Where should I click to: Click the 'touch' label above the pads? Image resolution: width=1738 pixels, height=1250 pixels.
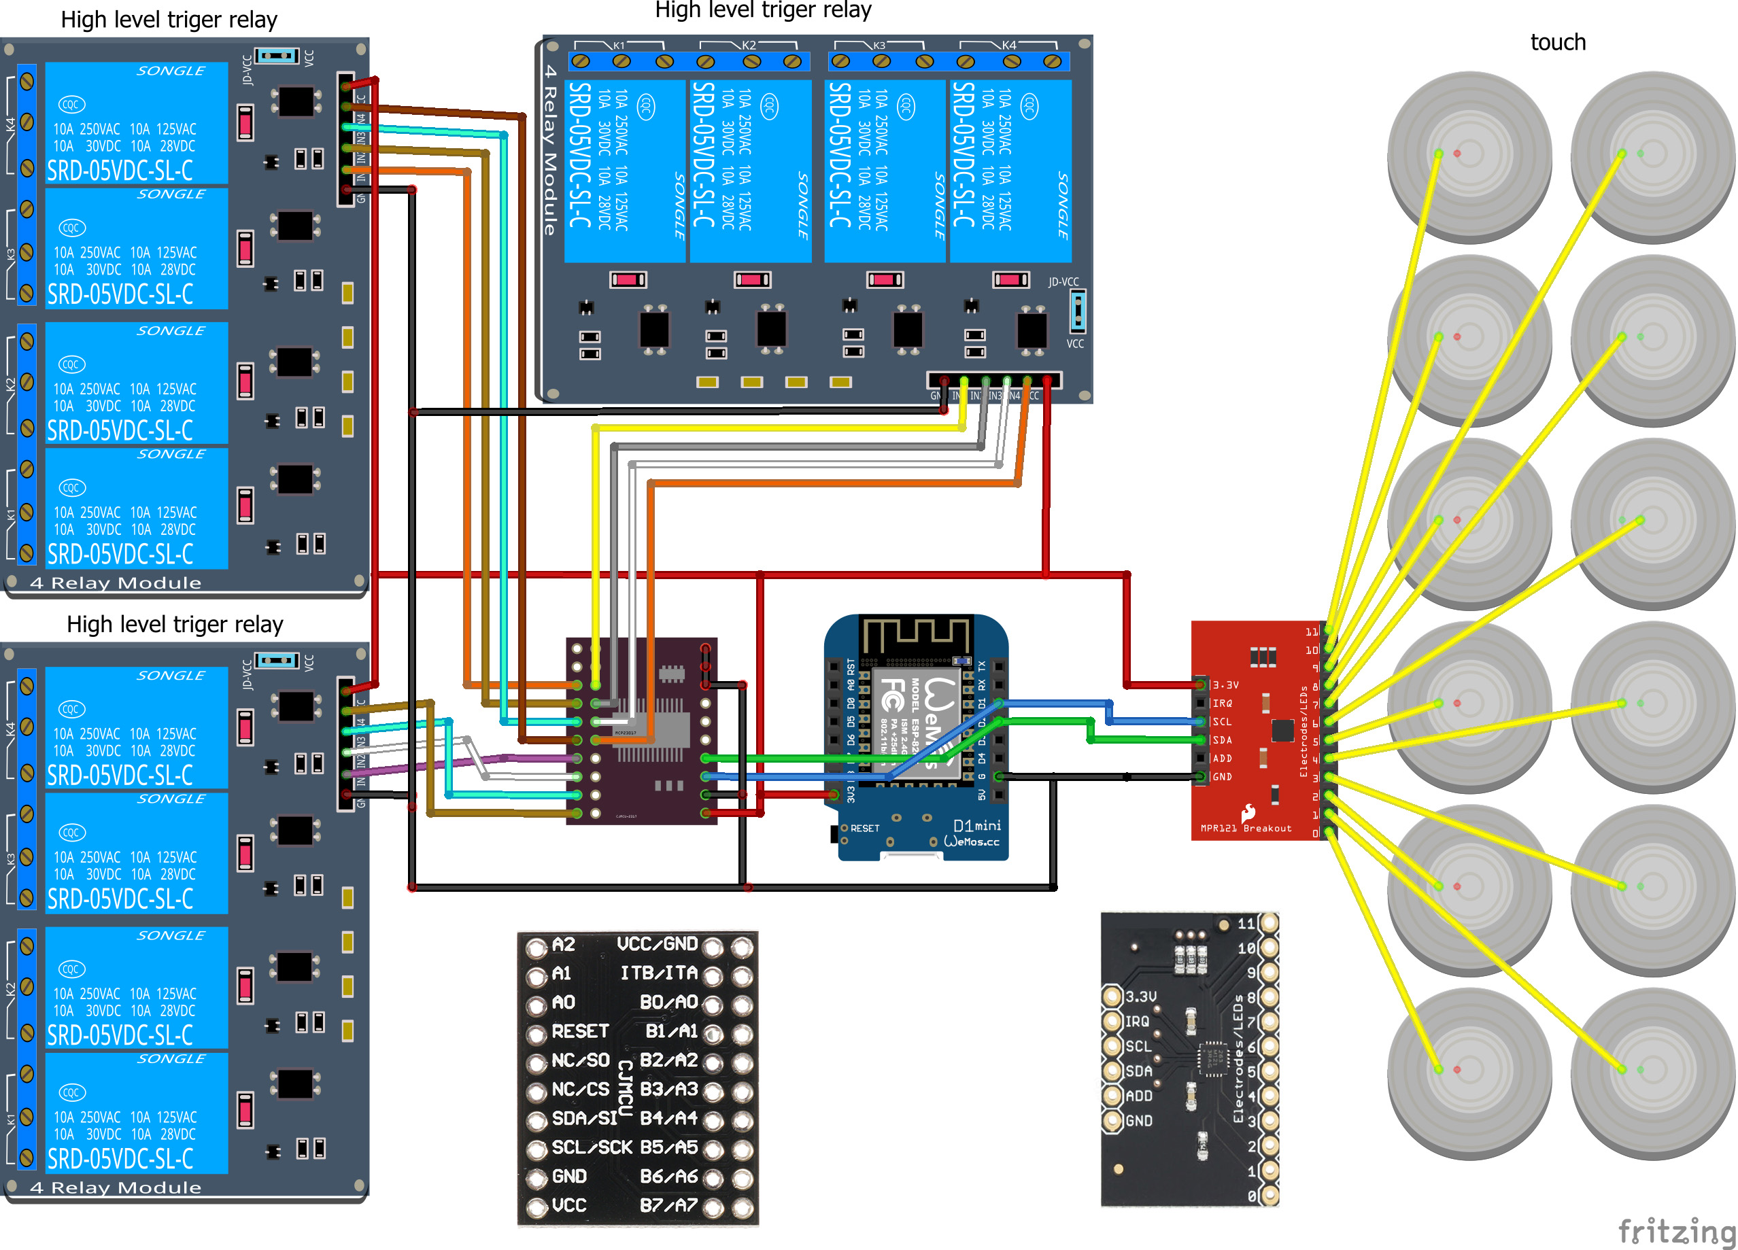click(1557, 42)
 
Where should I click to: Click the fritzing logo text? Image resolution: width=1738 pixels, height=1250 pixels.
click(1676, 1231)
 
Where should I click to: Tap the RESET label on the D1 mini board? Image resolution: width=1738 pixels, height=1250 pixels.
click(864, 828)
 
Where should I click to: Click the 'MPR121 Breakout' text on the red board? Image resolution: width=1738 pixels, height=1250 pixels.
click(1245, 828)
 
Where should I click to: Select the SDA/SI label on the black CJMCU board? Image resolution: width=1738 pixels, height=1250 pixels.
click(584, 1118)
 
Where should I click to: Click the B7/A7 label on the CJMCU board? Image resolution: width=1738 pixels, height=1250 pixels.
click(668, 1205)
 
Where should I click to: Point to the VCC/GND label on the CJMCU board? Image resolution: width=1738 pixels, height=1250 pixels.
click(657, 943)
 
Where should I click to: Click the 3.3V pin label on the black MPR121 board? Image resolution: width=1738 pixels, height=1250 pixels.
click(1140, 996)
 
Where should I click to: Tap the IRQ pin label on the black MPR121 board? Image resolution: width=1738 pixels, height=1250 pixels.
click(1136, 1021)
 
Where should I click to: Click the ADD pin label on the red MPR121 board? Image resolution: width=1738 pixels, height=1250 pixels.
click(1223, 759)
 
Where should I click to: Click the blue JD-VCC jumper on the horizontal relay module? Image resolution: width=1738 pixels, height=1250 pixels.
click(1078, 310)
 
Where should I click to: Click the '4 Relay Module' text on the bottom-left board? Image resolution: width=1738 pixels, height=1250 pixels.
click(115, 1187)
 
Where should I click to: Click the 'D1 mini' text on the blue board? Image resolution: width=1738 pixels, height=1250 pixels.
click(976, 825)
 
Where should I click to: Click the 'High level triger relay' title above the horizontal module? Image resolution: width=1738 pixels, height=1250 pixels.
click(762, 11)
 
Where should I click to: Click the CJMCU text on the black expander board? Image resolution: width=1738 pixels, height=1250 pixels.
click(626, 1088)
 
